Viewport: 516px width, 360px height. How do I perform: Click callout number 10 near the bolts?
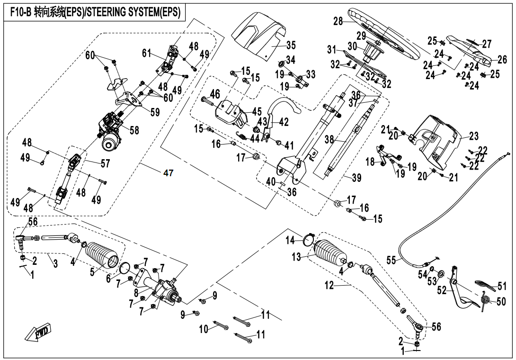(x=204, y=328)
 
